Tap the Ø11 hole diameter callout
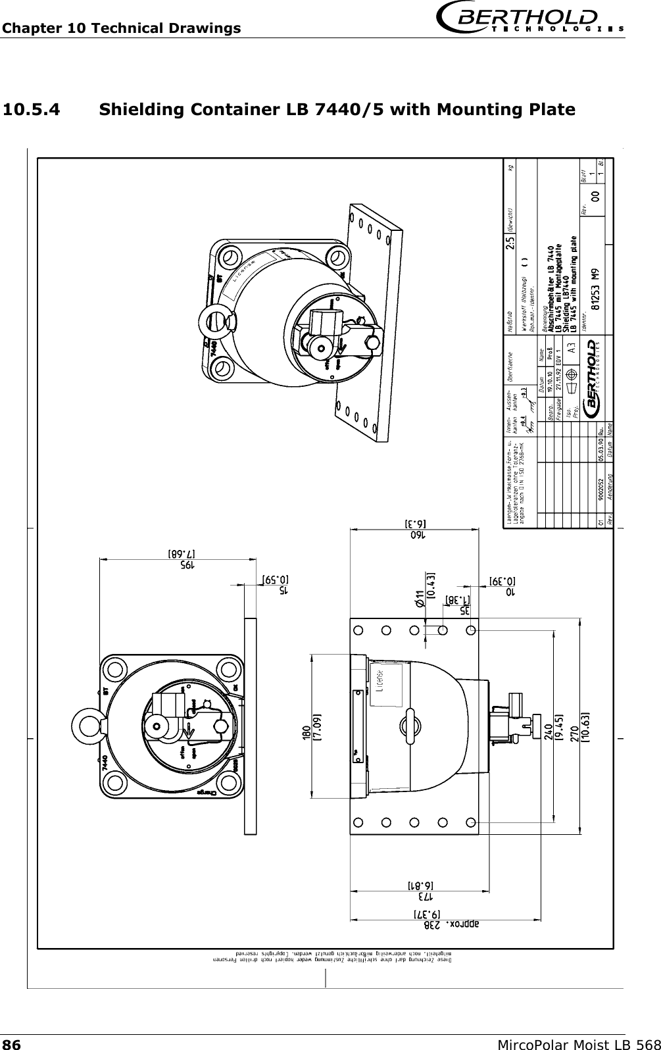420,595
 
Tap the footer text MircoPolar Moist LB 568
579,1042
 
